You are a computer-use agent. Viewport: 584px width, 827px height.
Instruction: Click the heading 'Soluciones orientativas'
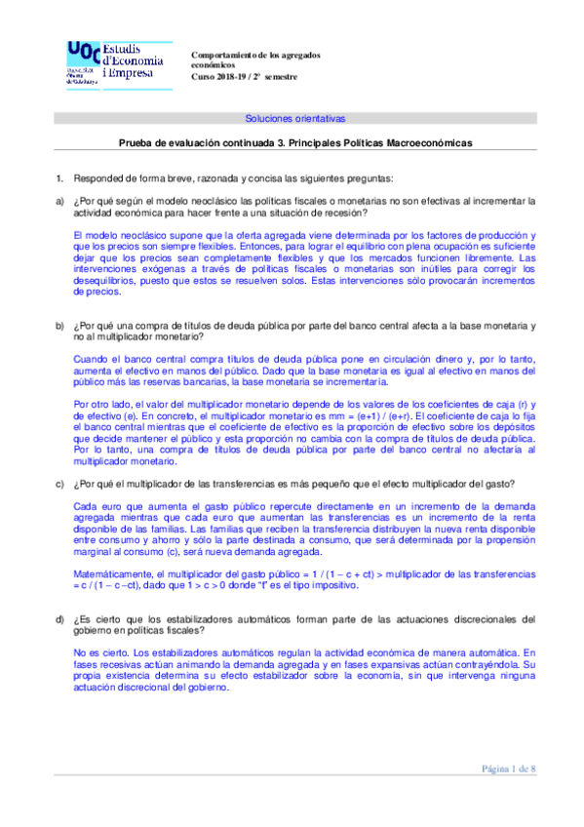pos(294,119)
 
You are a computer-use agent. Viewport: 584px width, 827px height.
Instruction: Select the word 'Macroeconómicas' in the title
pos(429,142)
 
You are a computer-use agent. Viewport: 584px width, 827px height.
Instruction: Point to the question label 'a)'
pos(60,201)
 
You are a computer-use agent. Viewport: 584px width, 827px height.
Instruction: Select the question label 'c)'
pos(60,487)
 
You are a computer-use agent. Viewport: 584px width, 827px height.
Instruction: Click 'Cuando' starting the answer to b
pos(89,359)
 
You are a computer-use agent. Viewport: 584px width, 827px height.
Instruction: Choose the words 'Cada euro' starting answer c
pos(95,508)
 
